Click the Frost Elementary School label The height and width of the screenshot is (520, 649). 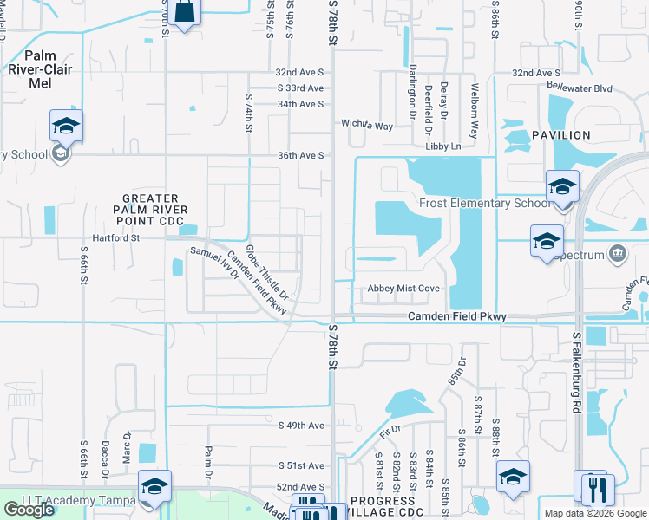484,204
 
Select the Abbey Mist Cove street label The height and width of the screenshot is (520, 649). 403,289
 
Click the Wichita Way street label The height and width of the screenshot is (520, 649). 367,125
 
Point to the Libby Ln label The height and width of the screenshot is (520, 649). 443,146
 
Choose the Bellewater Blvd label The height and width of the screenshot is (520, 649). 580,88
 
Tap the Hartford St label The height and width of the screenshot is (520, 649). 117,237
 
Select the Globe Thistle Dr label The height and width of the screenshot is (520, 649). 266,272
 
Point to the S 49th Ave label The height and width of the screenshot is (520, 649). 301,425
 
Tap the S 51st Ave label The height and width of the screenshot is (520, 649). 301,465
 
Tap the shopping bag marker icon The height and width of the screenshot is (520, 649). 185,12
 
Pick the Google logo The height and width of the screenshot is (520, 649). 29,510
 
